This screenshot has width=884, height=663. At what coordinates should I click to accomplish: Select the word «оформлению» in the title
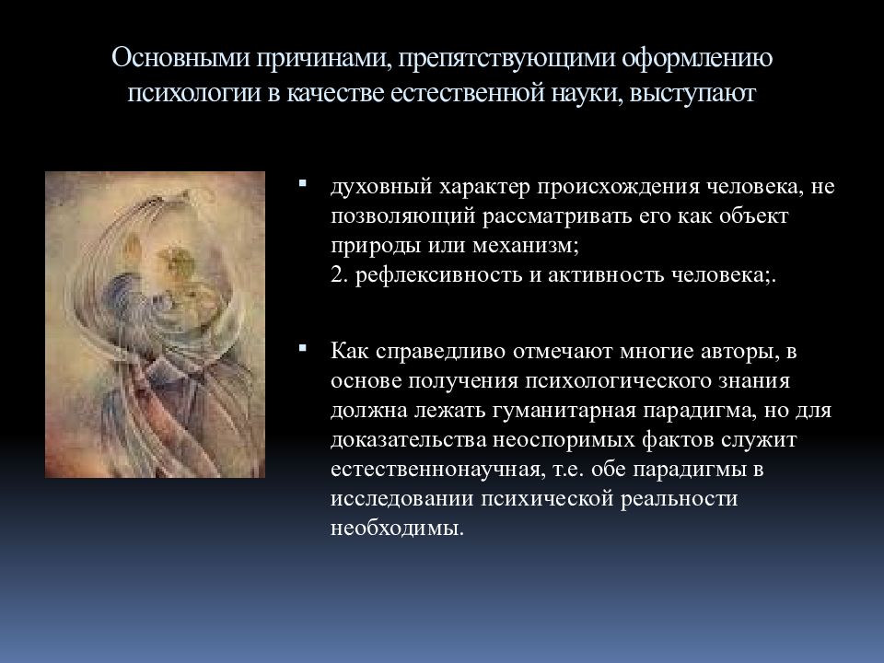click(697, 59)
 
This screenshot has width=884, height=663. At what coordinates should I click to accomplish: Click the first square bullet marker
click(303, 183)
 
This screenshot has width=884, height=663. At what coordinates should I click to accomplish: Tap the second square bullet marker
click(303, 348)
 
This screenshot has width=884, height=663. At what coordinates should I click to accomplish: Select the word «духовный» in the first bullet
click(381, 187)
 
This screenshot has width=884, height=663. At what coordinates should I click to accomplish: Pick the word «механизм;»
click(526, 246)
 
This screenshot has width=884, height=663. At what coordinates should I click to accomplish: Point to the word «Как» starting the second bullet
click(350, 351)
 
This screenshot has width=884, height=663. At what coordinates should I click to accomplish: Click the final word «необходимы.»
click(397, 528)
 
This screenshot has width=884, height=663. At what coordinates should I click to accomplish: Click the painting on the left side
click(155, 325)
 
